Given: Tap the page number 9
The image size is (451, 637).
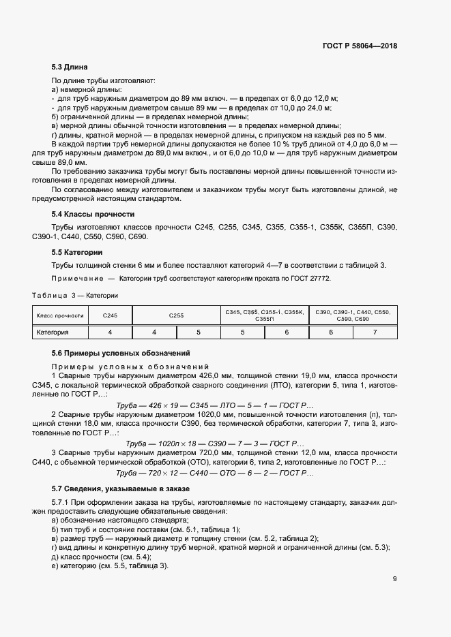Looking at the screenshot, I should tap(394, 580).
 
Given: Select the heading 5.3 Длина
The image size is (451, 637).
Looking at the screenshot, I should tap(70, 67).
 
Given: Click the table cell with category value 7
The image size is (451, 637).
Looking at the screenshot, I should tap(375, 332).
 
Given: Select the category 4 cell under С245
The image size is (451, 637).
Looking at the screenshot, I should tap(110, 332).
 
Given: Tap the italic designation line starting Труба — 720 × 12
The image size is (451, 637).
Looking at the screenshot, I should tap(215, 472).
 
